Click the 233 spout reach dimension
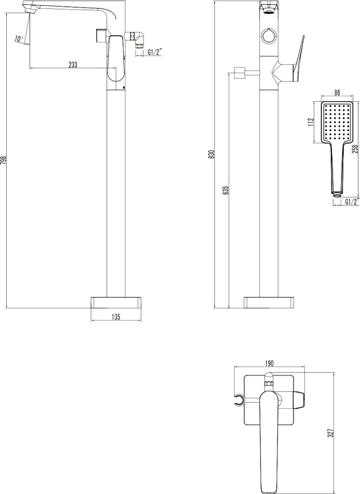(x=73, y=64)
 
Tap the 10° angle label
(x=19, y=39)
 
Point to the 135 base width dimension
(x=116, y=317)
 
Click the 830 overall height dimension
(x=211, y=154)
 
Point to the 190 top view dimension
(x=268, y=363)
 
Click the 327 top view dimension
(x=331, y=432)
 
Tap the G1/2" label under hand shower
(x=351, y=202)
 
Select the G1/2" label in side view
(x=155, y=53)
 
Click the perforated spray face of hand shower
(x=338, y=121)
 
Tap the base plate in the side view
(x=116, y=302)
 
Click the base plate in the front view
(x=268, y=302)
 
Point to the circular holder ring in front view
(x=268, y=37)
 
